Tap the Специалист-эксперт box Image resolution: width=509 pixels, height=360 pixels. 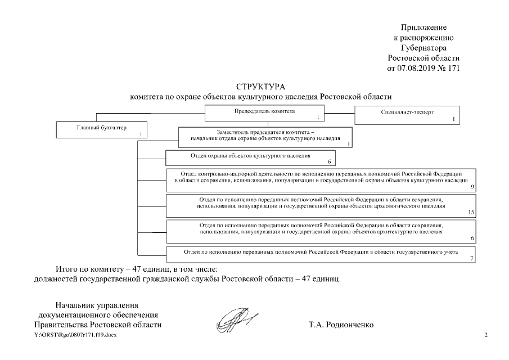(x=407, y=115)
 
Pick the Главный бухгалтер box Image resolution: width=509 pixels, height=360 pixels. (x=102, y=130)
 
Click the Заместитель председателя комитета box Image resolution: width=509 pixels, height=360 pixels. (x=265, y=136)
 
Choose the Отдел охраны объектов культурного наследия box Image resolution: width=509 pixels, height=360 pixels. (x=250, y=157)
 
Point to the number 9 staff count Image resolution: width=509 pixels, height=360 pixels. (x=472, y=186)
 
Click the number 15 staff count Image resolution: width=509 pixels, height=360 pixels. (x=471, y=212)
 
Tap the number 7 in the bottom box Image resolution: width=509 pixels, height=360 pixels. (x=472, y=258)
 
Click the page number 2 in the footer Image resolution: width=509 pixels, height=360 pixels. (x=486, y=335)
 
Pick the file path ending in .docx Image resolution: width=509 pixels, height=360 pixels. (x=76, y=335)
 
